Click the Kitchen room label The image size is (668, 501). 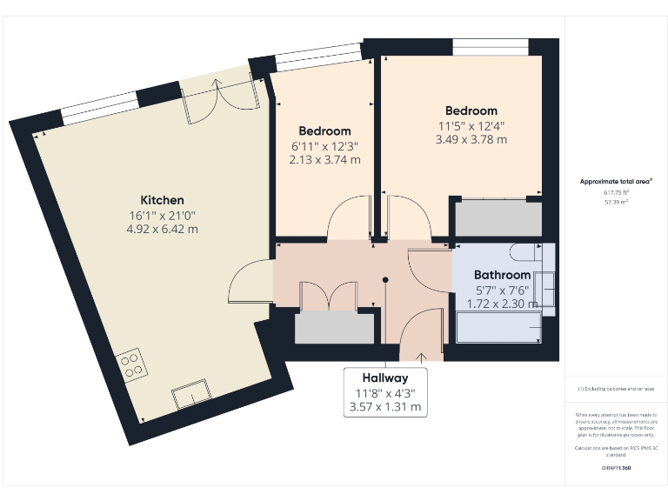(163, 200)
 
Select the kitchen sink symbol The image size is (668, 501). (190, 395)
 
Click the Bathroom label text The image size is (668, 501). (502, 275)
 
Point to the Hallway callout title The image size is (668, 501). (385, 378)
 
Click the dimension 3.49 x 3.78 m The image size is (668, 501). (471, 139)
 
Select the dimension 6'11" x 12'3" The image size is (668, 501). (324, 146)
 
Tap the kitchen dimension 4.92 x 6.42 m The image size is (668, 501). (163, 230)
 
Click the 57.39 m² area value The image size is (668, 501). (616, 201)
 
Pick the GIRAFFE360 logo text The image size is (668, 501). (616, 468)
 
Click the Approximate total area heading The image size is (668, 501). (616, 182)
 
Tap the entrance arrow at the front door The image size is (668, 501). (422, 355)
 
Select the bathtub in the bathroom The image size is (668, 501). (498, 328)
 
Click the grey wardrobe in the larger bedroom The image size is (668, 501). (498, 218)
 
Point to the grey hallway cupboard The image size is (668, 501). (333, 328)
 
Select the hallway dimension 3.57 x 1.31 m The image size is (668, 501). (385, 406)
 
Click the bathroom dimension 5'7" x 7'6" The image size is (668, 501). (502, 291)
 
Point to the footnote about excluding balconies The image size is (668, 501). (616, 389)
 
